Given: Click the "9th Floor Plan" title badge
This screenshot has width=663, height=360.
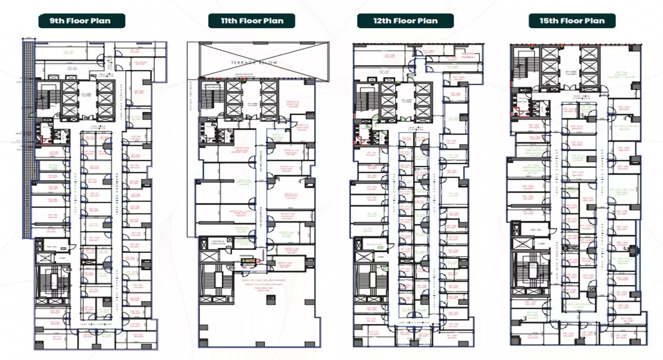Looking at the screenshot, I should tap(81, 21).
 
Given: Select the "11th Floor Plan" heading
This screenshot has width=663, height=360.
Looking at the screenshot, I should tap(252, 21).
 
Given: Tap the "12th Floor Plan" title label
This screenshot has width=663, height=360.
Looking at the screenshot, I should tap(405, 21).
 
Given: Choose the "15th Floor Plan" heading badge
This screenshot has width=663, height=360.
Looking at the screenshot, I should tap(572, 21).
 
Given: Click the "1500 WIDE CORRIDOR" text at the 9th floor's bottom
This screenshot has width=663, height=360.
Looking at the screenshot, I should tap(93, 323).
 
